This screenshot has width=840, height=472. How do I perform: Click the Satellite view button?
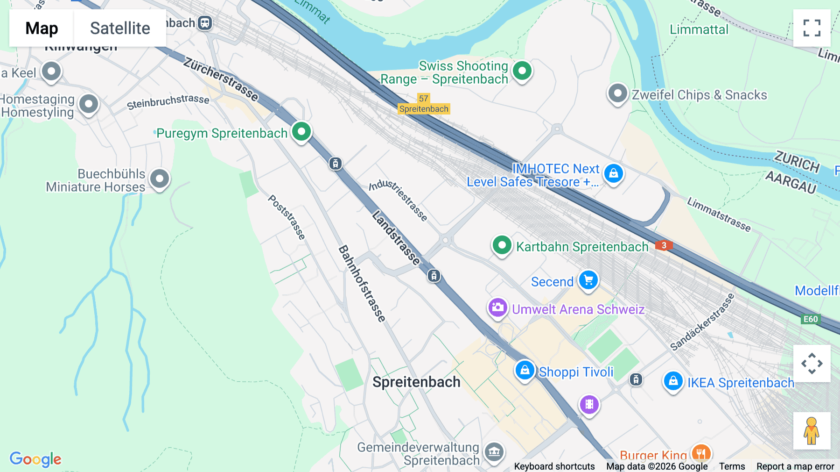(x=120, y=28)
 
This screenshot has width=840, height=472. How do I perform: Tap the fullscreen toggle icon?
(x=812, y=28)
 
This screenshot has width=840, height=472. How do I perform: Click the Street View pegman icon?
(x=812, y=430)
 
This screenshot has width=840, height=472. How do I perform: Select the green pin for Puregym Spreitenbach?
(x=301, y=132)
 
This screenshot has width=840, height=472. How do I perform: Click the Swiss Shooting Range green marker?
(x=522, y=71)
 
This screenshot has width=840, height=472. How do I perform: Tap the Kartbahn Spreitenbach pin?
(x=502, y=245)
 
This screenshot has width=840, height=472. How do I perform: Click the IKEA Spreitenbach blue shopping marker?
(x=673, y=381)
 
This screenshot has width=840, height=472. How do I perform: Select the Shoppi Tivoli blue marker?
(x=525, y=370)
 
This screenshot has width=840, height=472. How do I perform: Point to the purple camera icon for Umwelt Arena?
(x=497, y=308)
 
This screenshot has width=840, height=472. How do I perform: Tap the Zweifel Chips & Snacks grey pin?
(x=617, y=93)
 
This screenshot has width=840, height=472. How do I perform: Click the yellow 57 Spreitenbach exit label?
(x=424, y=104)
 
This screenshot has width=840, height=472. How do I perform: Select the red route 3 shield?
(x=664, y=245)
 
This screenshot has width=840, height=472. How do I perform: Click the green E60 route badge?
(x=811, y=319)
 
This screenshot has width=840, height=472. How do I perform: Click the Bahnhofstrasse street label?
(x=362, y=283)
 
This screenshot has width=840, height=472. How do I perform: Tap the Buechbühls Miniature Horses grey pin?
(x=160, y=179)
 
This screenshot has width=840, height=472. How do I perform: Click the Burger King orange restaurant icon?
(x=700, y=453)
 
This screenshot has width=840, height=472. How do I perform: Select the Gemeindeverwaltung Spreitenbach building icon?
(x=494, y=452)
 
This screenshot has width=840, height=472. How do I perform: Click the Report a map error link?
(x=795, y=466)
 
